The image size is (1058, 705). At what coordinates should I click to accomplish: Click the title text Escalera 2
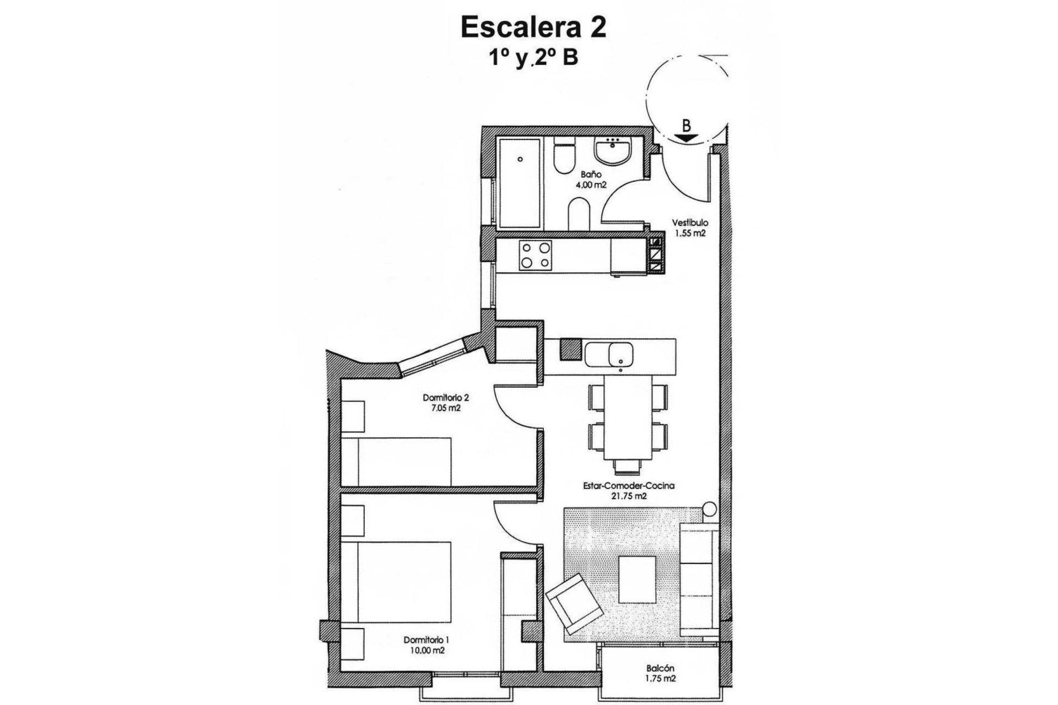(533, 28)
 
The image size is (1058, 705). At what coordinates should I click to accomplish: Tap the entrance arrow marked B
(685, 138)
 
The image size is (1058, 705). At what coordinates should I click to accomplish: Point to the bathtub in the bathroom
(520, 183)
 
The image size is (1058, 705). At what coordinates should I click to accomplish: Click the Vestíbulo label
(689, 223)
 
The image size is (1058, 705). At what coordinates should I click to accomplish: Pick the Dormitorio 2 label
(445, 398)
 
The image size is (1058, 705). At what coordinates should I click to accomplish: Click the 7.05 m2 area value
(446, 408)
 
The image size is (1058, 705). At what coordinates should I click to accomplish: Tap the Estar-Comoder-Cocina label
(629, 486)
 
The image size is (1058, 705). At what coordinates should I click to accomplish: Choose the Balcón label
(661, 669)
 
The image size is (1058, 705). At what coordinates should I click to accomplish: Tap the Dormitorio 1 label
(427, 640)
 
